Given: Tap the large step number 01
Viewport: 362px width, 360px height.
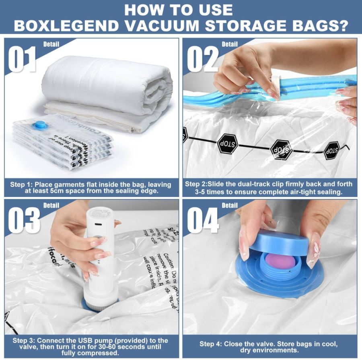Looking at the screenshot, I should click(23, 59).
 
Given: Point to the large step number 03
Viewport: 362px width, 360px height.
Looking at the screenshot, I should click(24, 220).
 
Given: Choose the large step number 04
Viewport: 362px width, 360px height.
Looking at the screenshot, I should click(204, 220).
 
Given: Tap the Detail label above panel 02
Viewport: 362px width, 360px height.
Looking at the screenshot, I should click(230, 44).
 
